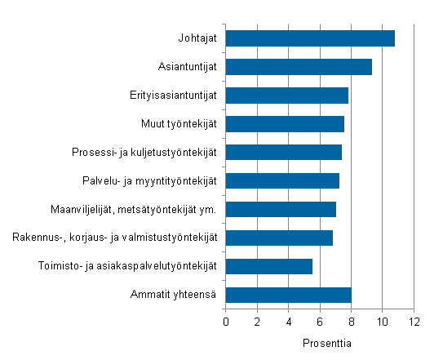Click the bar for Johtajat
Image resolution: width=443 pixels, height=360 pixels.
tap(310, 38)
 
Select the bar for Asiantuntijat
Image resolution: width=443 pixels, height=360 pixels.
tap(299, 67)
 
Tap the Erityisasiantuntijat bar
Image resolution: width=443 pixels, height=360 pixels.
tap(286, 96)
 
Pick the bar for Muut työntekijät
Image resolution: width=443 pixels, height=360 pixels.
tap(285, 124)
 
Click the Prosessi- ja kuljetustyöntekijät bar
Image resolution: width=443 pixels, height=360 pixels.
tap(283, 153)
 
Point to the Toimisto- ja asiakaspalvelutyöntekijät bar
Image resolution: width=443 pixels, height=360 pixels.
tap(268, 266)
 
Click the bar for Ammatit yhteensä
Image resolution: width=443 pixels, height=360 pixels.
tap(288, 295)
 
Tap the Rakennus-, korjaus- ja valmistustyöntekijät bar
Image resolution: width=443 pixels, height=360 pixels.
tap(279, 238)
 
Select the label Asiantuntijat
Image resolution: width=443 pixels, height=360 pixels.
tap(187, 67)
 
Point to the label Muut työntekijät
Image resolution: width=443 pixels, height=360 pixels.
tap(179, 124)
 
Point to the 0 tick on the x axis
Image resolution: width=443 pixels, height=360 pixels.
tap(226, 321)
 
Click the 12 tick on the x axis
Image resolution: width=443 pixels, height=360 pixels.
tap(414, 321)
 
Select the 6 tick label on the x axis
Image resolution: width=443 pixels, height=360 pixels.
tap(321, 321)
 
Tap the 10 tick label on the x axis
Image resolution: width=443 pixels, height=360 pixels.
tap(383, 321)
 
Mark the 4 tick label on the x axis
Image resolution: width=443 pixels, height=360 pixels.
tap(289, 321)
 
